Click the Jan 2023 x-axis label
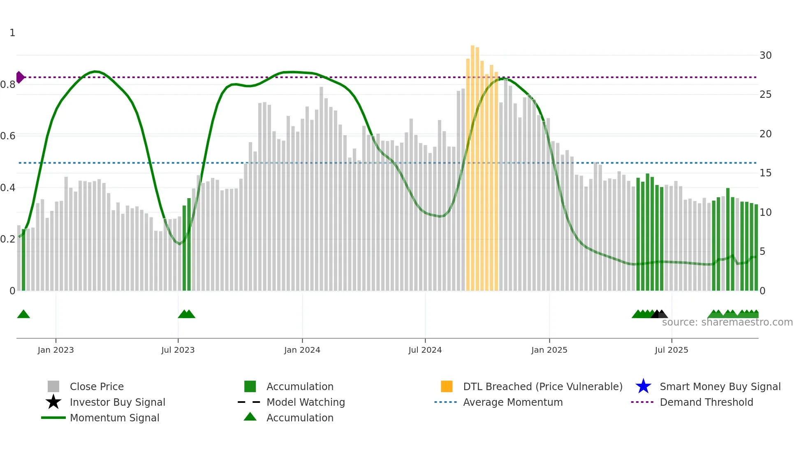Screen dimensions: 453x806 pos(56,350)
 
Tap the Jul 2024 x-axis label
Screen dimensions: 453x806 pos(425,350)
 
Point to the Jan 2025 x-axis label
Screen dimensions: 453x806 pos(549,350)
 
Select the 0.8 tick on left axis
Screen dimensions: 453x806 pos(8,85)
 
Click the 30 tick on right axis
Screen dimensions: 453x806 pos(765,55)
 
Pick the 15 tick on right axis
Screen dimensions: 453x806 pos(765,173)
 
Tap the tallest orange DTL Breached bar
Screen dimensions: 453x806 pos(472,164)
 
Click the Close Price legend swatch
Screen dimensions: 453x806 pos(53,386)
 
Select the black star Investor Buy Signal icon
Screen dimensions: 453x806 pos(53,402)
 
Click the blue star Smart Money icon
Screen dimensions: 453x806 pos(643,386)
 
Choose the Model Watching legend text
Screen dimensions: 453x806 pos(306,402)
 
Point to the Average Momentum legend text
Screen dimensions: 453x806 pos(513,402)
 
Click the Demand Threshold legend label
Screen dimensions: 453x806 pos(706,402)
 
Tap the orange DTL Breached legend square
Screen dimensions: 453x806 pos(447,386)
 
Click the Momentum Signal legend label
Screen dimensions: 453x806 pos(114,418)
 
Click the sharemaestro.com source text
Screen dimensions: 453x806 pos(727,322)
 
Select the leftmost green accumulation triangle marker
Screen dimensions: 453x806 pos(23,314)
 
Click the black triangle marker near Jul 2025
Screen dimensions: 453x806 pos(657,314)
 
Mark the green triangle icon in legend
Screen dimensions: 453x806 pos(250,417)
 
